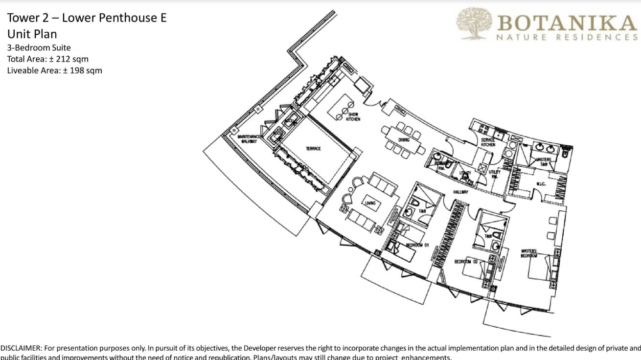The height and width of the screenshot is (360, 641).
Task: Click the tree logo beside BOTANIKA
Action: pyautogui.click(x=475, y=23)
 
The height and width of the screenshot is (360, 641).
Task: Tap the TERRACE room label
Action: pyautogui.click(x=313, y=149)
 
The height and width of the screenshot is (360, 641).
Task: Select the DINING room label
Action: pyautogui.click(x=404, y=140)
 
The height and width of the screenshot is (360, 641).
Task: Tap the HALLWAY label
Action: pyautogui.click(x=460, y=192)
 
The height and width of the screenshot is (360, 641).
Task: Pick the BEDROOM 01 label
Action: pyautogui.click(x=417, y=245)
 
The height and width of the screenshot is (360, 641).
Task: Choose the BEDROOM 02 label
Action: pyautogui.click(x=466, y=262)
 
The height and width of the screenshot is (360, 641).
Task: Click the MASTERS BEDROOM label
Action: pyautogui.click(x=529, y=253)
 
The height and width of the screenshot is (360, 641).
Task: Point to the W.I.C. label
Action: pyautogui.click(x=541, y=184)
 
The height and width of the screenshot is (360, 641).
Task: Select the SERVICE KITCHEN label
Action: pyautogui.click(x=488, y=142)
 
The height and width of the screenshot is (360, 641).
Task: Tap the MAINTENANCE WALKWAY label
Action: pyautogui.click(x=248, y=139)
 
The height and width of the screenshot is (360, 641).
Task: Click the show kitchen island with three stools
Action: pyautogui.click(x=341, y=107)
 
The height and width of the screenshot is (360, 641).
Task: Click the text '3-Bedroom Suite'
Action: pyautogui.click(x=39, y=48)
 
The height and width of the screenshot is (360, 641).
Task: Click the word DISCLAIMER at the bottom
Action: pyautogui.click(x=21, y=348)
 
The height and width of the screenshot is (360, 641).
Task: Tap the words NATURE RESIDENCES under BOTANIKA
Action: pyautogui.click(x=567, y=37)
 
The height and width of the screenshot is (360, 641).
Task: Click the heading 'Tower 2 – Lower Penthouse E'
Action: pyautogui.click(x=87, y=18)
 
